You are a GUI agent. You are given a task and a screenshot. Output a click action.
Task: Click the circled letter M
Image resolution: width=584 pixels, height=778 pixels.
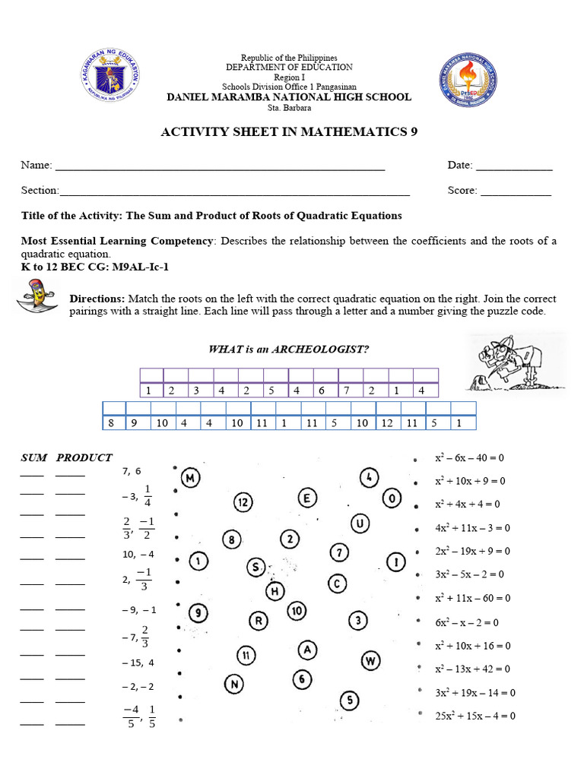(191, 478)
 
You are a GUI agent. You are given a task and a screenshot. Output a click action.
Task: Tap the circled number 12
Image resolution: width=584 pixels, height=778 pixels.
(243, 502)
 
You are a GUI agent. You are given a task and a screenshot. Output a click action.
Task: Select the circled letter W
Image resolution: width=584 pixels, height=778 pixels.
(370, 659)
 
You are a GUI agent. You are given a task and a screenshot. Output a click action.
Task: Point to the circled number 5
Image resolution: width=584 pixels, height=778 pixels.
(349, 700)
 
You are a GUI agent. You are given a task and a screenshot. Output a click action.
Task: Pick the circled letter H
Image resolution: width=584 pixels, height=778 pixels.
(275, 590)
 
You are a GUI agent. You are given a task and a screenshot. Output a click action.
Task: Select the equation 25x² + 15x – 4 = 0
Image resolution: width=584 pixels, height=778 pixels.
(474, 716)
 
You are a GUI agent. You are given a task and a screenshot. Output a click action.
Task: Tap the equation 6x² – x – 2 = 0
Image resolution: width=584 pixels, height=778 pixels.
(466, 622)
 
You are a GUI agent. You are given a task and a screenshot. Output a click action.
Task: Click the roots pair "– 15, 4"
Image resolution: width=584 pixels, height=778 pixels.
(138, 663)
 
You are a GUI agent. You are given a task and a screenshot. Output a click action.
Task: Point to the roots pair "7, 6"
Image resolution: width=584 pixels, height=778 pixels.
(132, 471)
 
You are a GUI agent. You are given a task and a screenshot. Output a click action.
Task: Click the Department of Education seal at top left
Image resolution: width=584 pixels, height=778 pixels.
(111, 77)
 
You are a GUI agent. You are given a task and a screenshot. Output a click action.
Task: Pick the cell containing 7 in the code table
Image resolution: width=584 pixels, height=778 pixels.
(347, 391)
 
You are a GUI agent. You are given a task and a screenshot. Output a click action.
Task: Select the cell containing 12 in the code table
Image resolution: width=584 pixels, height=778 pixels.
(387, 423)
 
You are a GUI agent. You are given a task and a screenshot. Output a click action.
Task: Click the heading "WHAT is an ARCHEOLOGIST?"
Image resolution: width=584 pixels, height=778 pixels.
(289, 349)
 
